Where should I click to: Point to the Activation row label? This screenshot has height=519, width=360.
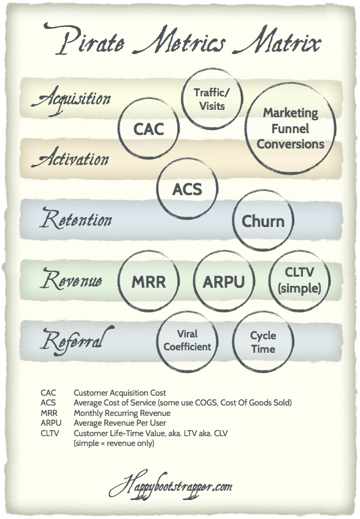click(71, 158)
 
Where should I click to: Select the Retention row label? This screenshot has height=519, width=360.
click(76, 218)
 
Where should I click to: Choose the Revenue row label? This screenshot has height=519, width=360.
click(72, 279)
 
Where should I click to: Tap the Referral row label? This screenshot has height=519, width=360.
click(77, 340)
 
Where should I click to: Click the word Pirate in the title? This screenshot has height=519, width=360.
click(85, 39)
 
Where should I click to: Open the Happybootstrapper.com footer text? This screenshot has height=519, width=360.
click(170, 486)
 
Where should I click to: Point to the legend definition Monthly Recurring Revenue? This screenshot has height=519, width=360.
click(122, 413)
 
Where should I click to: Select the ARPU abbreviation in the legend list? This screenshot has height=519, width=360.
click(51, 423)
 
